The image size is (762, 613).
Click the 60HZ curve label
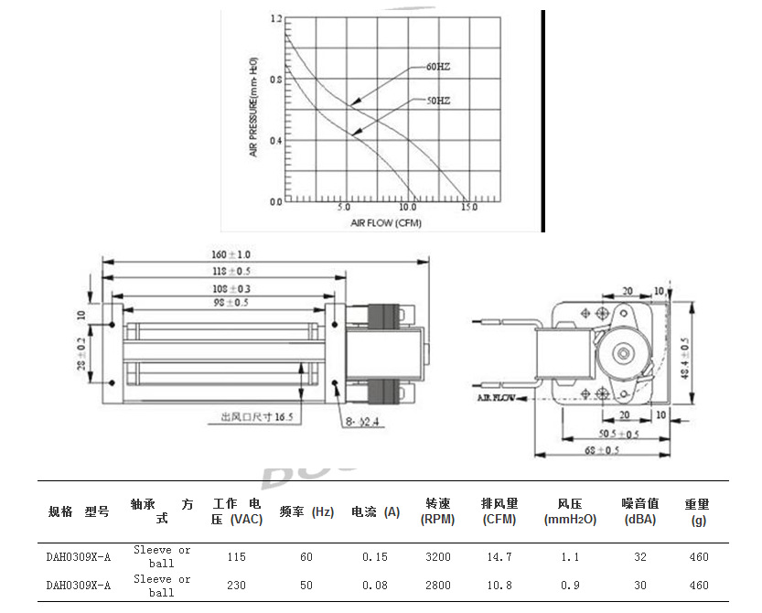pos(438,67)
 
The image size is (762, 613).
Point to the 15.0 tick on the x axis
pos(468,208)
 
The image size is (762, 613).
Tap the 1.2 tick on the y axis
pos(275,18)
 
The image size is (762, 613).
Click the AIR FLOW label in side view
pos(495,399)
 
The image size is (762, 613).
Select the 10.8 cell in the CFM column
pos(499,585)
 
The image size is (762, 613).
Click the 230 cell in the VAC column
pos(236,585)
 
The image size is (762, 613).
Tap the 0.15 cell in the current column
pos(375,556)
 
